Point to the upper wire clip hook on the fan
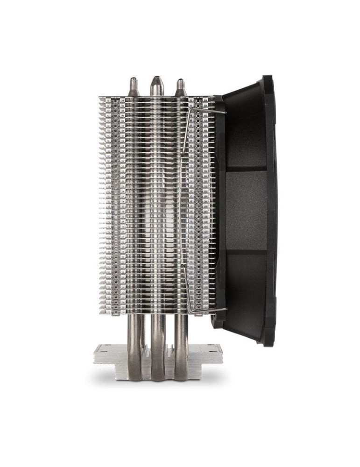pos(219,112)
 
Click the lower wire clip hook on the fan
pos(219,309)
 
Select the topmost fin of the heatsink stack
pos(156,98)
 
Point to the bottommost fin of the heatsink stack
pos(156,311)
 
